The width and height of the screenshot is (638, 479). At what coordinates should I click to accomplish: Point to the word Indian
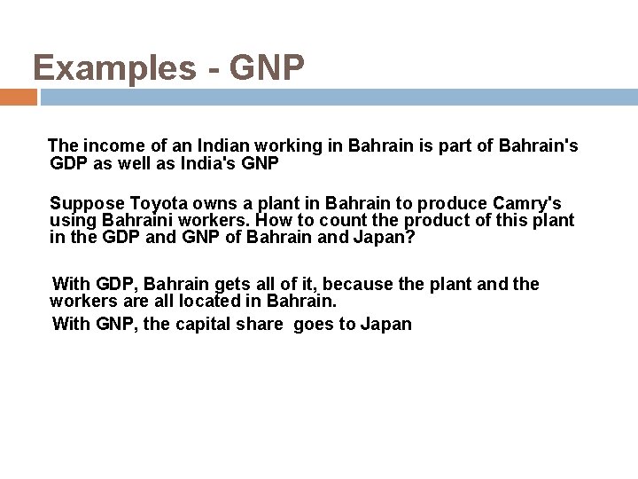click(207, 145)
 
